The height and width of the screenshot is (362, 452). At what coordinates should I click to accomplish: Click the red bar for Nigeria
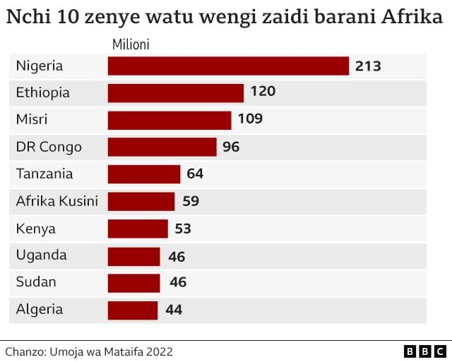click(228, 66)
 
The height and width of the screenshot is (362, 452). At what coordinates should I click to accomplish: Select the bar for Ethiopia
click(176, 92)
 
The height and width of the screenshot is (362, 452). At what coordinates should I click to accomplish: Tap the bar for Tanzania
click(144, 174)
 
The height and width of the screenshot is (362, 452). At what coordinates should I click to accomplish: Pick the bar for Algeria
click(133, 310)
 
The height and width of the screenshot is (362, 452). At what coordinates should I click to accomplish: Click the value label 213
click(368, 66)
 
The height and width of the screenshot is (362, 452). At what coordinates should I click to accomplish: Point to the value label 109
click(250, 119)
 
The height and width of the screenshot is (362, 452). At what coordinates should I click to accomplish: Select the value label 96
click(231, 147)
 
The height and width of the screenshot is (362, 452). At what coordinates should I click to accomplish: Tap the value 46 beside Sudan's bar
click(178, 283)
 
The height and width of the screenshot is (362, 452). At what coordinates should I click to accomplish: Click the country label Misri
click(32, 119)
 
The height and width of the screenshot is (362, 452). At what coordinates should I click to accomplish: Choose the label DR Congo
click(49, 147)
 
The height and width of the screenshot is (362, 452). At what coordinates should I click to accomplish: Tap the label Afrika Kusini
click(56, 201)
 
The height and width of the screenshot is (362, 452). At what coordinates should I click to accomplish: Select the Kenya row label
click(35, 229)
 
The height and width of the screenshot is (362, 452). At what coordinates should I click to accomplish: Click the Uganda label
click(41, 255)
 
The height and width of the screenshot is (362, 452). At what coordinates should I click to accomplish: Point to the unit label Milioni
click(131, 45)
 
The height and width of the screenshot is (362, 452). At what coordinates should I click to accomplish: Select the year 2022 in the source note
click(158, 351)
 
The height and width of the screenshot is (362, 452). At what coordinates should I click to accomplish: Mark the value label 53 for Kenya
click(182, 229)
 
